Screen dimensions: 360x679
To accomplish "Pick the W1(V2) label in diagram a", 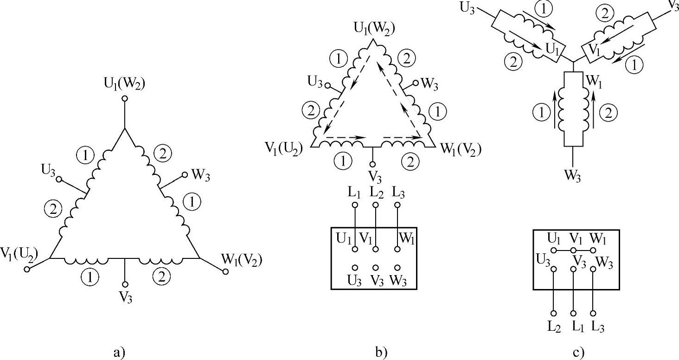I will (242, 260).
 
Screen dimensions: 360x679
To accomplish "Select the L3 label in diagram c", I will (598, 327).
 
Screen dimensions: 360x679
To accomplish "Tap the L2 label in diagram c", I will (554, 327).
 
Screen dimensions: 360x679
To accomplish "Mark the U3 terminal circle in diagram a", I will (59, 179).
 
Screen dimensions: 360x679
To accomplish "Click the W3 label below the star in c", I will (573, 177).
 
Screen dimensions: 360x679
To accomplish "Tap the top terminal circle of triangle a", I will (124, 98).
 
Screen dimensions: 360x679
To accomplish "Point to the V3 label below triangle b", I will (372, 177).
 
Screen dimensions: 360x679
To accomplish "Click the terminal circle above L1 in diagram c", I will (574, 270).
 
